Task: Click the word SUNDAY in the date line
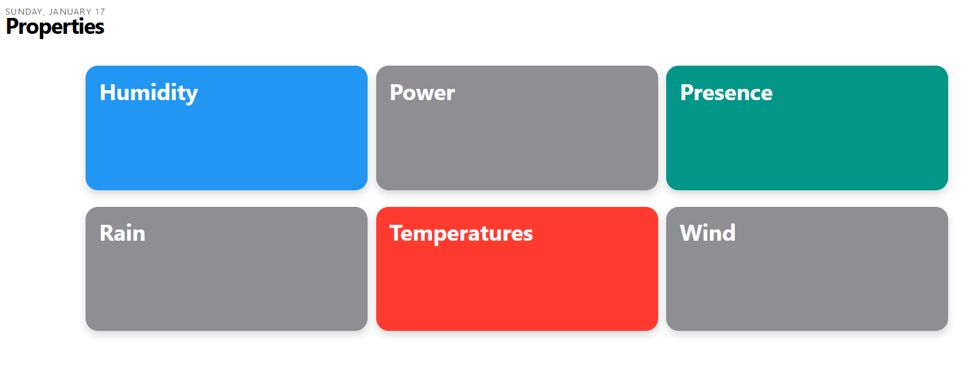click(x=25, y=12)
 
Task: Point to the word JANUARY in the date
click(x=70, y=12)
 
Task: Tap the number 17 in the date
click(x=100, y=12)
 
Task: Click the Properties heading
click(x=55, y=27)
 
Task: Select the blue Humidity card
click(x=226, y=128)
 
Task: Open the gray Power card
click(x=517, y=128)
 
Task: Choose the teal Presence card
click(x=807, y=128)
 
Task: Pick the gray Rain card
click(x=226, y=269)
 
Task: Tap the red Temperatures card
click(x=517, y=269)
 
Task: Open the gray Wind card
click(x=807, y=269)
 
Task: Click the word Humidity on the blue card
click(x=149, y=93)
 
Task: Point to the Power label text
click(x=422, y=92)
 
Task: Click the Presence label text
click(x=727, y=92)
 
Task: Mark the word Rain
click(x=123, y=233)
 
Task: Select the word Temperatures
click(x=461, y=234)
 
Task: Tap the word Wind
click(x=708, y=233)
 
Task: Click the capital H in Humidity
click(x=108, y=92)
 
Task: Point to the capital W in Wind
click(x=691, y=233)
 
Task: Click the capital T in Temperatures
click(x=397, y=233)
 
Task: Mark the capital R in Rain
click(x=107, y=233)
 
